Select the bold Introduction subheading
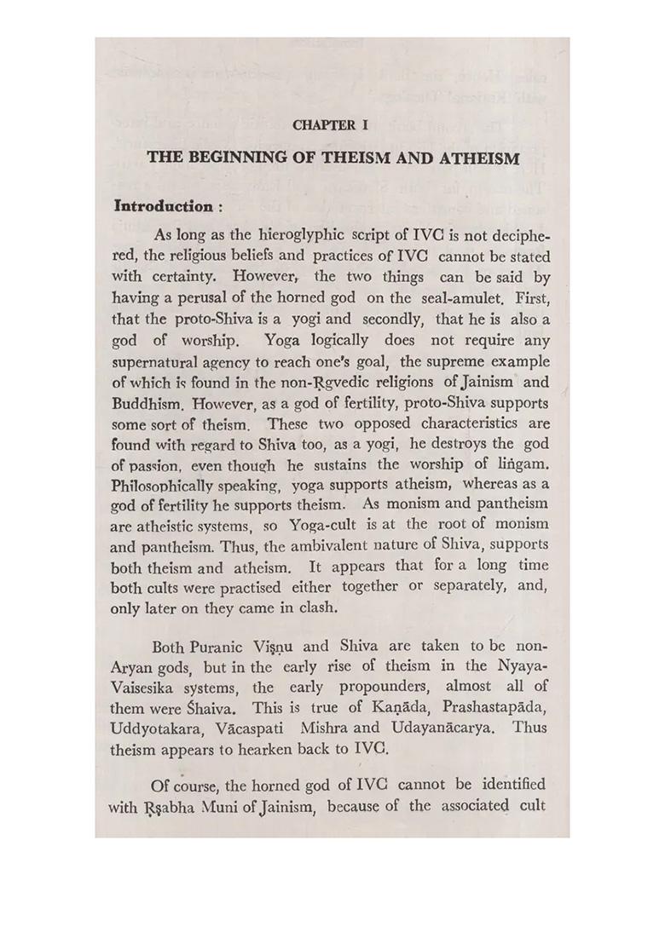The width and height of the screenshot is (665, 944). click(163, 206)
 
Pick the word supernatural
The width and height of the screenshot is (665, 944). click(159, 361)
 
